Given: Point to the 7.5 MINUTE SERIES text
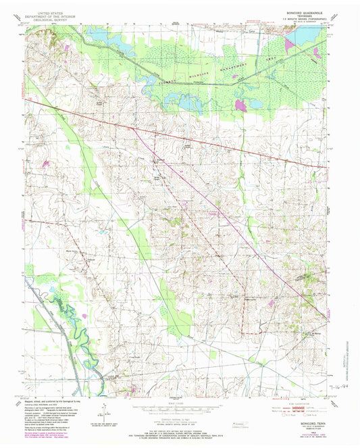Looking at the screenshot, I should tap(301, 20).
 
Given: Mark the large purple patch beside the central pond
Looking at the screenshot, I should tap(240, 105).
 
